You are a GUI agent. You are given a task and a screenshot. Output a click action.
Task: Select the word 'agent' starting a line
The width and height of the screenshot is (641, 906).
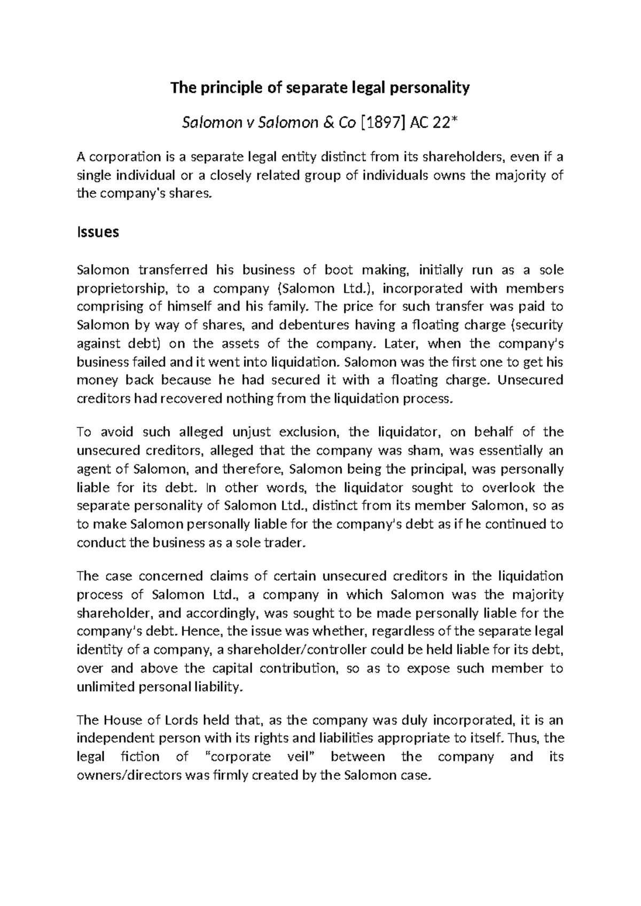pyautogui.click(x=93, y=470)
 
